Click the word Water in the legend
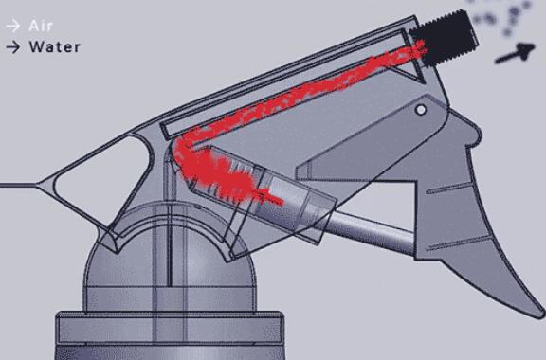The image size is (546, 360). coord(54,46)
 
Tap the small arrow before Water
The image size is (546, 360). coord(12,46)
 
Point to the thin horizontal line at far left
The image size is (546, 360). coord(19,184)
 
